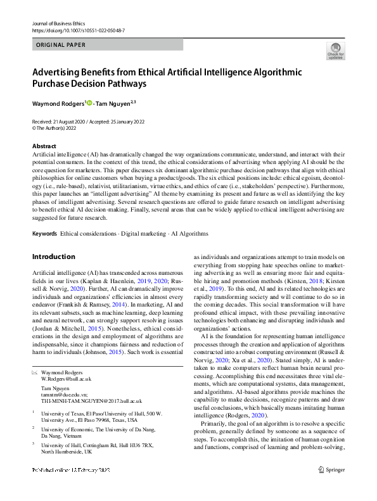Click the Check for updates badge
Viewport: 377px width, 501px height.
335,51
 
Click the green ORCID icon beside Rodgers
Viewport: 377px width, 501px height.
89,103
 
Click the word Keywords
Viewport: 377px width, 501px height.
44,234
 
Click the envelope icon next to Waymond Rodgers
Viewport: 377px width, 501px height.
34,372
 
